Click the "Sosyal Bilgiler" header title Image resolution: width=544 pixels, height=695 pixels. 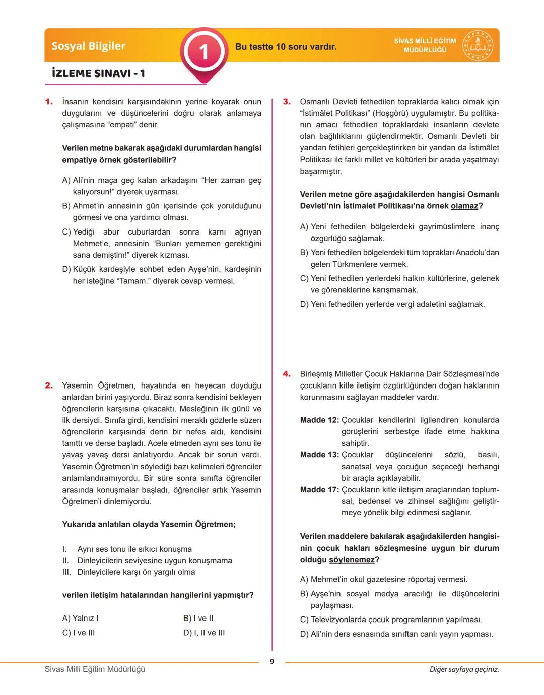[89, 46]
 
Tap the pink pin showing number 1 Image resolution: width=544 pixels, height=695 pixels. [203, 52]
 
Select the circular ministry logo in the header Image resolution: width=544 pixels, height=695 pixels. [478, 46]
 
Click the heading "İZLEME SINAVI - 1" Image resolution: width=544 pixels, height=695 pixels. [98, 73]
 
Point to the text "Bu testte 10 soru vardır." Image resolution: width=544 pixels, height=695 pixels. [286, 47]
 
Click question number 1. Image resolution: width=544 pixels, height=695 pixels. [49, 102]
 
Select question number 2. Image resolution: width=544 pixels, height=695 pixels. [49, 385]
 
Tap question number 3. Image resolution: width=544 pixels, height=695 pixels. [287, 102]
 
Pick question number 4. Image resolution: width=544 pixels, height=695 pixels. [287, 374]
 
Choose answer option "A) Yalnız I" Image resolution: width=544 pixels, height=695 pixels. [81, 618]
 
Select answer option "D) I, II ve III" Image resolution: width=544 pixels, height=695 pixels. [204, 633]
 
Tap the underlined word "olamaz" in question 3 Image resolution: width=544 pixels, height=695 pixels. [464, 206]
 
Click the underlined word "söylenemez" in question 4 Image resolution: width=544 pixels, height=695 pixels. [352, 560]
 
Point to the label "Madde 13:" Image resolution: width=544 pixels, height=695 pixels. [319, 455]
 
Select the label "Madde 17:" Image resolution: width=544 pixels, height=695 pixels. [319, 490]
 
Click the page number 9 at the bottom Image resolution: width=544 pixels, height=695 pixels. [272, 662]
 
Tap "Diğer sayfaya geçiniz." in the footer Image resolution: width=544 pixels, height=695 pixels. [464, 669]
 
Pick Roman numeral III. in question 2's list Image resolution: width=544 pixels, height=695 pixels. [67, 572]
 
